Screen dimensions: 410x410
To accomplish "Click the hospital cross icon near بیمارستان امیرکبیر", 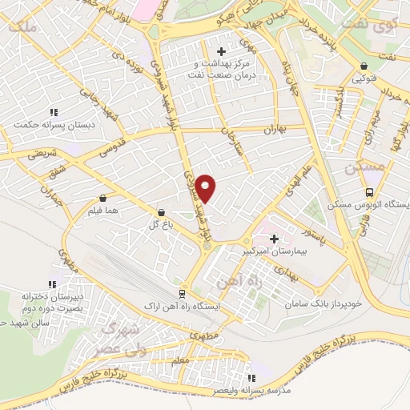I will tap(275, 239).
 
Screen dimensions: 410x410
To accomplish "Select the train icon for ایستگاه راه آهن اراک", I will tap(183, 294).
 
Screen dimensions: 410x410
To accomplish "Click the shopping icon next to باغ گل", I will tap(163, 213).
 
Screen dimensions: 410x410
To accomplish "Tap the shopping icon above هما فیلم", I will tap(102, 198).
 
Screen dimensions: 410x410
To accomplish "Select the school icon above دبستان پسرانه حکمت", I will tap(53, 113).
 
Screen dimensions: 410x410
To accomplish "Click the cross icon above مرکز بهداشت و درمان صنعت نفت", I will tap(222, 52).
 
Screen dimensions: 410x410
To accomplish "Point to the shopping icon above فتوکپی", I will tap(364, 66).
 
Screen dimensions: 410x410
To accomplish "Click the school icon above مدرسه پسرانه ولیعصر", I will tap(251, 378).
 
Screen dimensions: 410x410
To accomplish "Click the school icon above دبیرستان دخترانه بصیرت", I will tap(53, 284).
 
